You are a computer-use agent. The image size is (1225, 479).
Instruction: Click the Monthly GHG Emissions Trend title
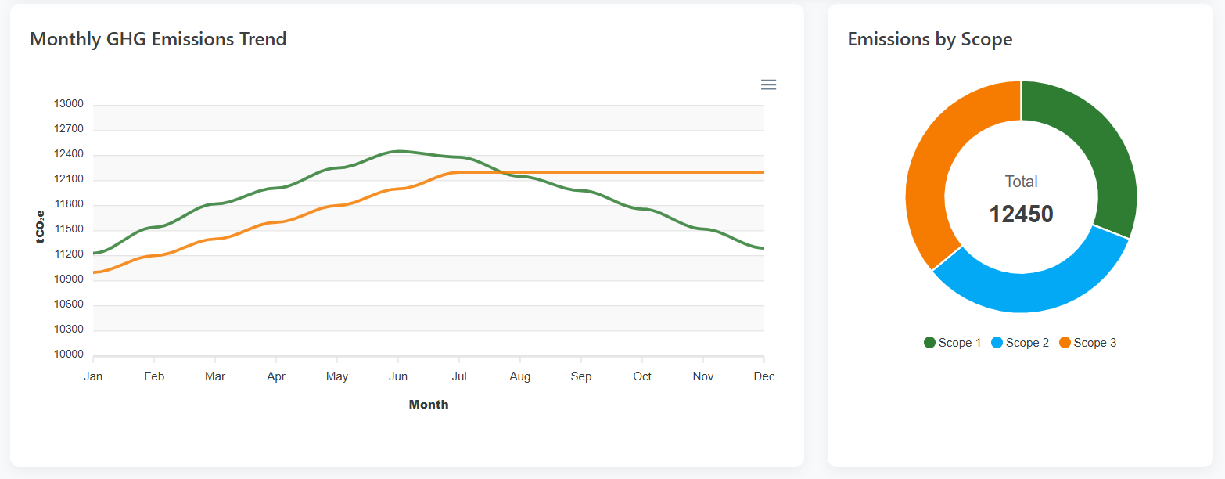[158, 39]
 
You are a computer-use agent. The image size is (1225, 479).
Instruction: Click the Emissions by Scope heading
[929, 39]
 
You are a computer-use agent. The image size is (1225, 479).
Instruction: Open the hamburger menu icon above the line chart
[768, 85]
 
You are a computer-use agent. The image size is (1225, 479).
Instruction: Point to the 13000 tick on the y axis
[68, 104]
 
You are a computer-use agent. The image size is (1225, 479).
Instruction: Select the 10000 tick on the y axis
[68, 355]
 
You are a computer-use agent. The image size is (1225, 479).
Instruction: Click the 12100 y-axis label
[68, 179]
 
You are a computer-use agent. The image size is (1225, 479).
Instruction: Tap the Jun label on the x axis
[398, 376]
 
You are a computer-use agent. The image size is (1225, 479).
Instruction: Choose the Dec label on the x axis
[763, 376]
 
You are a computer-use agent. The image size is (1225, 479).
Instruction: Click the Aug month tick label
[520, 376]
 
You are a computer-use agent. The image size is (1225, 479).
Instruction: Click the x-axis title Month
[429, 405]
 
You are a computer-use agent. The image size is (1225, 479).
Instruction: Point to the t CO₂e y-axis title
[41, 227]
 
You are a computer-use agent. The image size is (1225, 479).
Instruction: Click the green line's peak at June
[398, 151]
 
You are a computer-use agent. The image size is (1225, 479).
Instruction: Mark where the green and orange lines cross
[501, 172]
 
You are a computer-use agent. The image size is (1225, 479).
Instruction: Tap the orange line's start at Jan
[95, 272]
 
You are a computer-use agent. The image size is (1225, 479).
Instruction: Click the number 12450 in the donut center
[1021, 214]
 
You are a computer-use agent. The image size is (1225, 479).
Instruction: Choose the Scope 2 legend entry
[1020, 343]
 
